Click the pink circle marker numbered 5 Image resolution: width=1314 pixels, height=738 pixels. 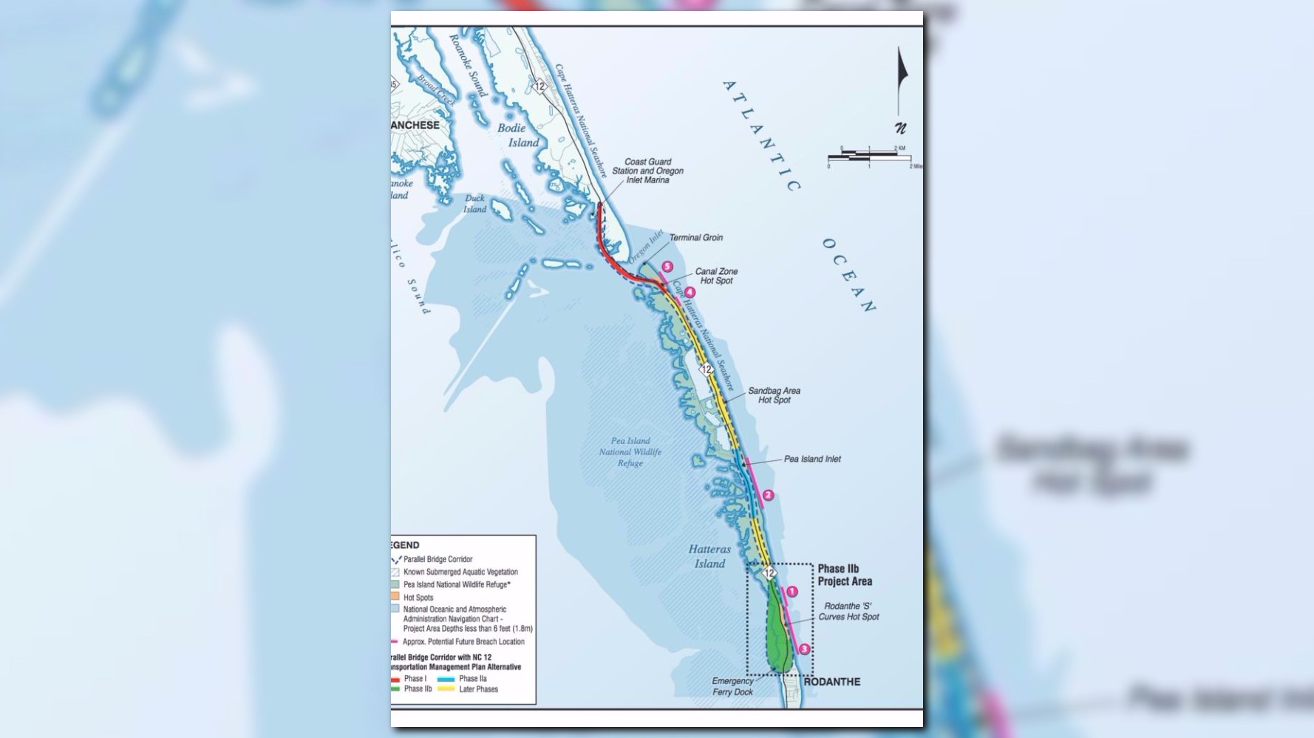point(667,267)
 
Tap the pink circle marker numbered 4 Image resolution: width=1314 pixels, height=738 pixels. point(690,293)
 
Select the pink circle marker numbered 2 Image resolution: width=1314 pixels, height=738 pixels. point(768,495)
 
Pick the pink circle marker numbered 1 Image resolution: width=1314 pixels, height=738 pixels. point(792,592)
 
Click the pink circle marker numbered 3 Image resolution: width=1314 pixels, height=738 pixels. point(805,649)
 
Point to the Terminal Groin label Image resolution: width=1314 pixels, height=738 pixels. point(695,238)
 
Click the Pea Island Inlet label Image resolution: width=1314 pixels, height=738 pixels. point(812,459)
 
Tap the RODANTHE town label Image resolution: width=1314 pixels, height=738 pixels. point(831,682)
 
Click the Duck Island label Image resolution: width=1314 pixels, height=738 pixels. point(474,203)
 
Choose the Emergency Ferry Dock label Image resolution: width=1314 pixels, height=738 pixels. point(732,686)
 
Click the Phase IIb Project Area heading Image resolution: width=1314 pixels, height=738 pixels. point(844,575)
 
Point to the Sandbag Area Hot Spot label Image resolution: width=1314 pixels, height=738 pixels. point(774,395)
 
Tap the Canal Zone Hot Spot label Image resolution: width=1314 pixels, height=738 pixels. point(716,276)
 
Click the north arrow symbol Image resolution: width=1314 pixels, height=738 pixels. point(900,89)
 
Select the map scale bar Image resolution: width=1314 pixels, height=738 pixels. point(869,157)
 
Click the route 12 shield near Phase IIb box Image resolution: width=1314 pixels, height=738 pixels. point(769,573)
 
